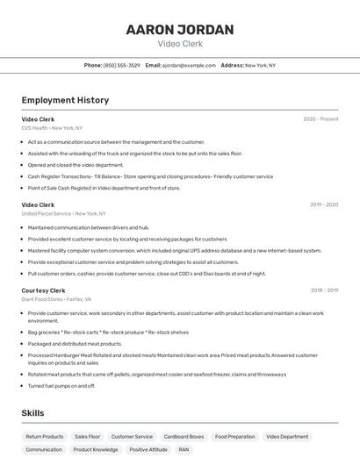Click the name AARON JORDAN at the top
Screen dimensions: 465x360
180,30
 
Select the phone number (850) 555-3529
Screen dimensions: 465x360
121,65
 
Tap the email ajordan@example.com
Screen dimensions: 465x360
189,65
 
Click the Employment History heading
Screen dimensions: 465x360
65,100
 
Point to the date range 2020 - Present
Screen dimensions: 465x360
320,118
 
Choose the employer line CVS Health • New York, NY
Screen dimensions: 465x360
52,128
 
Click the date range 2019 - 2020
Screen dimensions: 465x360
324,204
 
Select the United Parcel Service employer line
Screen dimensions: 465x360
63,213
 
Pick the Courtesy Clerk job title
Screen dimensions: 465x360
44,290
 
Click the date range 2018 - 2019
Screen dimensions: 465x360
324,290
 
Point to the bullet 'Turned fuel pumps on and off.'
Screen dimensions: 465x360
61,385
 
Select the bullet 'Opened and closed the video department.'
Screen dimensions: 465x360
76,164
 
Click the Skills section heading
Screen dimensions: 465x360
33,413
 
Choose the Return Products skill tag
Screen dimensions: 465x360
45,436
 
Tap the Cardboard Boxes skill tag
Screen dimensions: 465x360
184,436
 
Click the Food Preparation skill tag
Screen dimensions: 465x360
235,436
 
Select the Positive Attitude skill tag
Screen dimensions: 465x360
148,449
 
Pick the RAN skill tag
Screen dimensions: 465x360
184,449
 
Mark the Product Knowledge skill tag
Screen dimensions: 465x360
96,449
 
